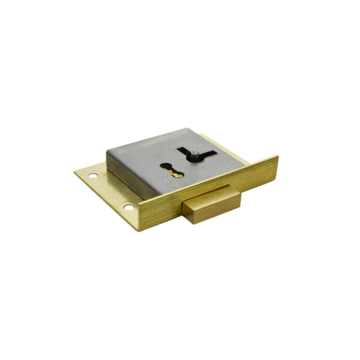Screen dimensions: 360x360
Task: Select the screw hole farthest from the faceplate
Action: [93, 176]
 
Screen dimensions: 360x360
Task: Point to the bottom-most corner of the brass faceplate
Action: [142, 230]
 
